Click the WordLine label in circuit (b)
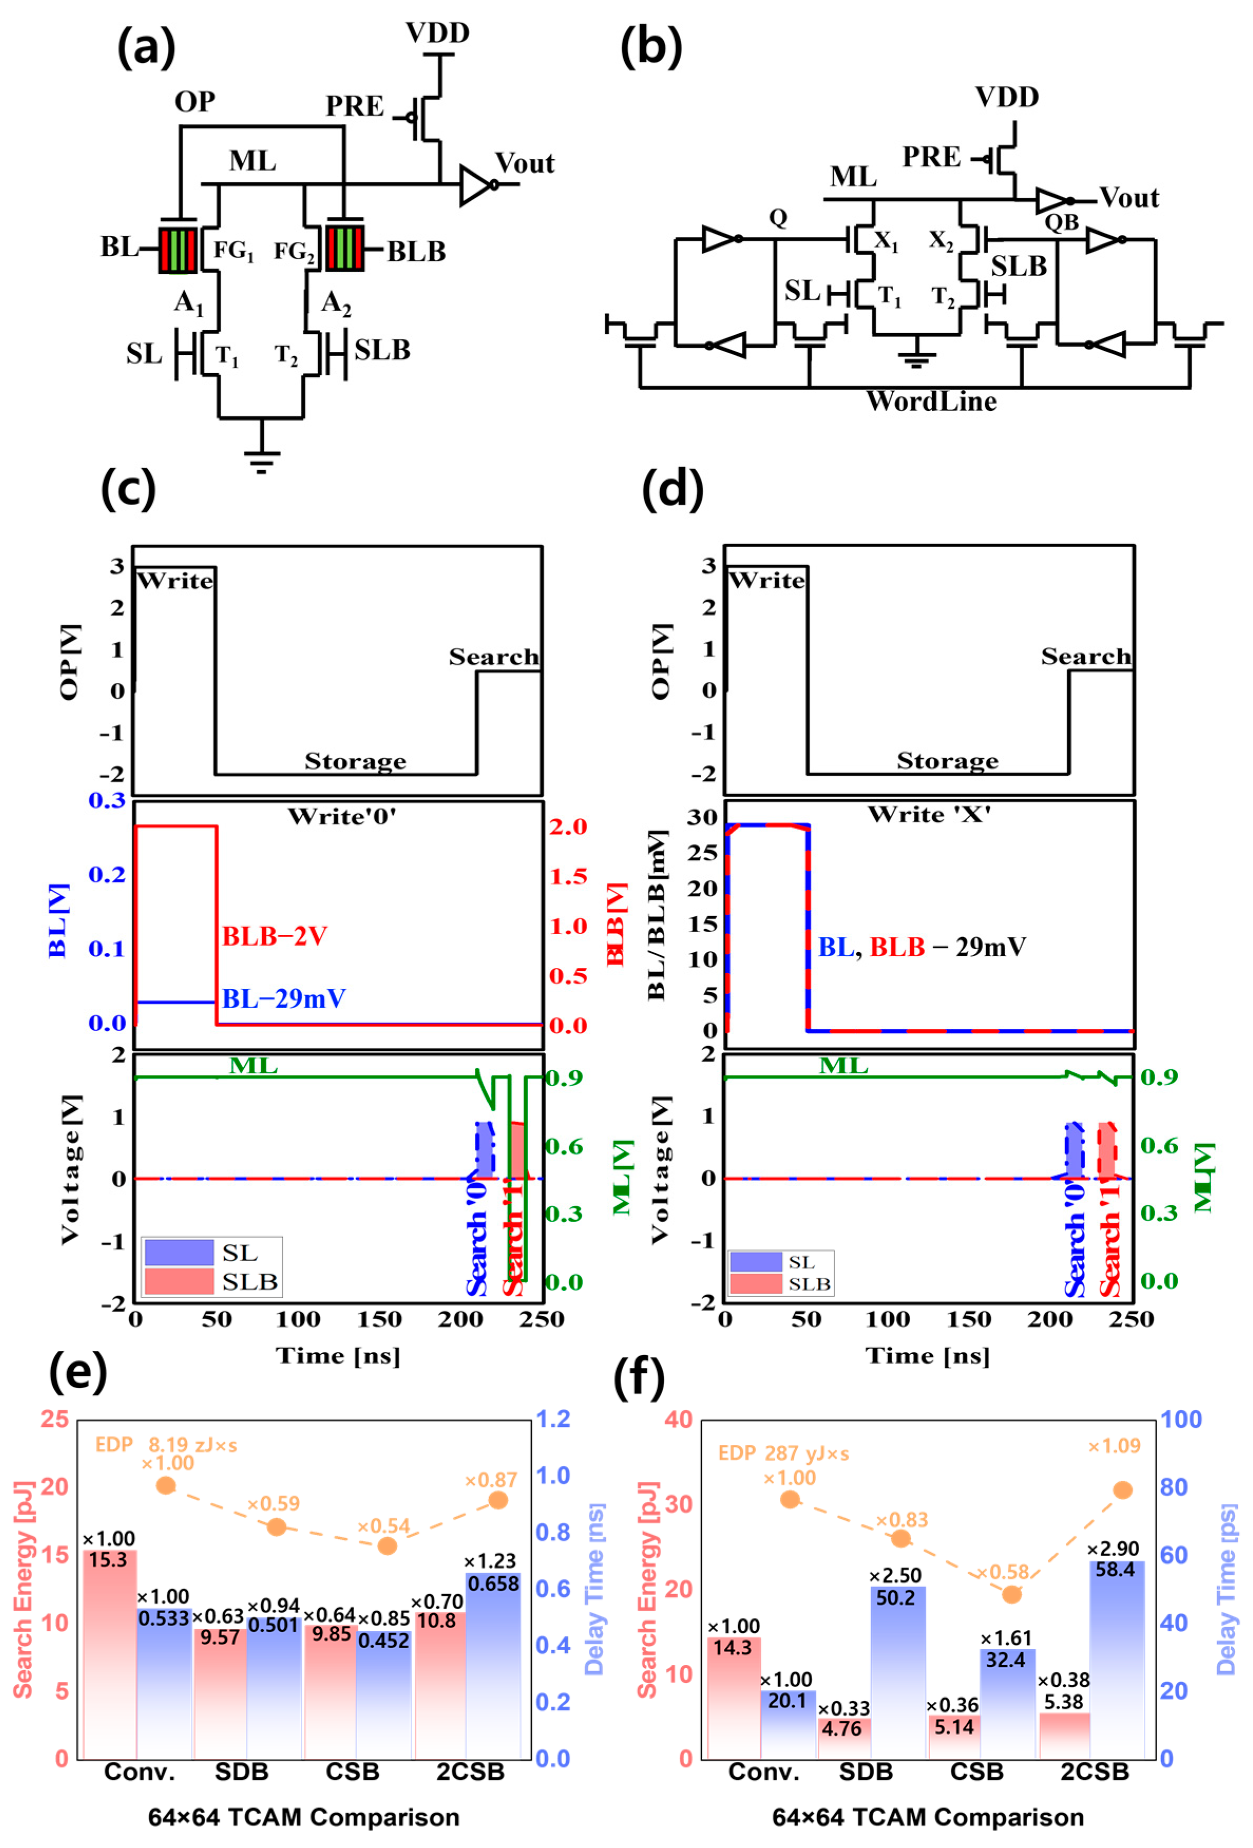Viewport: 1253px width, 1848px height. [x=931, y=402]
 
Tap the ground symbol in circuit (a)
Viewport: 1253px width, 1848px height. [x=262, y=460]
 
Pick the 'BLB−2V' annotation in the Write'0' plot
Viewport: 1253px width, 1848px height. [x=274, y=936]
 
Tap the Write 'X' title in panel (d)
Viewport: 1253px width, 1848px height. [x=929, y=814]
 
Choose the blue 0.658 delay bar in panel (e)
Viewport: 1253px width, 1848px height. [x=493, y=1662]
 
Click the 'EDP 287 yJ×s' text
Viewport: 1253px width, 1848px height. [x=783, y=1454]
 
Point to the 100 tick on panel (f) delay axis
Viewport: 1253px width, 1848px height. [x=1181, y=1420]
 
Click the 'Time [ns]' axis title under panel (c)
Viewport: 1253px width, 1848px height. [x=338, y=1356]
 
